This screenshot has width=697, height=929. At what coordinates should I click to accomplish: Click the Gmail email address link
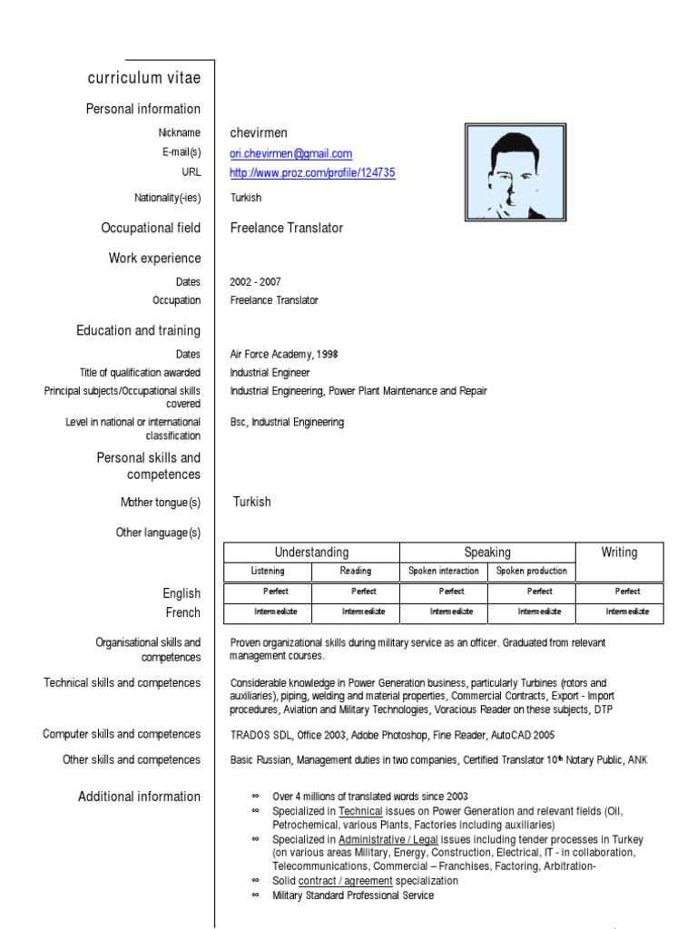coord(290,153)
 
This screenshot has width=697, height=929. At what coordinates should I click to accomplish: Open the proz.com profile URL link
coord(312,172)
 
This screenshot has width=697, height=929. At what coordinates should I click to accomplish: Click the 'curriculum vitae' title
coord(144,78)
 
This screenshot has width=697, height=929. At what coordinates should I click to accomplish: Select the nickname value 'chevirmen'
coord(258,133)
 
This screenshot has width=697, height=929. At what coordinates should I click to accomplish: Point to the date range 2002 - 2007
coord(255,282)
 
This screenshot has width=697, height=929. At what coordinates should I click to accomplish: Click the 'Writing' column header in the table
coord(619,552)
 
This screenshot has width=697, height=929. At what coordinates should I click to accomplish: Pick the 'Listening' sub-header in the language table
coord(268,571)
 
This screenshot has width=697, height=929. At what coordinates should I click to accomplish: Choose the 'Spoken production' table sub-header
coord(531,571)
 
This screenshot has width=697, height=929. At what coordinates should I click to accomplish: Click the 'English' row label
coord(182,593)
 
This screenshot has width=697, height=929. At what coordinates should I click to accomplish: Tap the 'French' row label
coord(183,612)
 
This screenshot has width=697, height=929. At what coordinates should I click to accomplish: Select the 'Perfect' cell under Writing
coord(627,591)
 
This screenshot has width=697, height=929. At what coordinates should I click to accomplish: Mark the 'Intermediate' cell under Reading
coord(356,611)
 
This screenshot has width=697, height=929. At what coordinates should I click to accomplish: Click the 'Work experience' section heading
coord(154,259)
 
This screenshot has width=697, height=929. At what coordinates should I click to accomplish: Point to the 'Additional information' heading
coord(139,797)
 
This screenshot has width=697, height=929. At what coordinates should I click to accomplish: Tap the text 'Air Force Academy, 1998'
coord(284,354)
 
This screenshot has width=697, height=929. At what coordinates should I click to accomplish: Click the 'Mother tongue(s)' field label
coord(161,503)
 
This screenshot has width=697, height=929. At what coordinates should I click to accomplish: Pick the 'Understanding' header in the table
coord(311,552)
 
